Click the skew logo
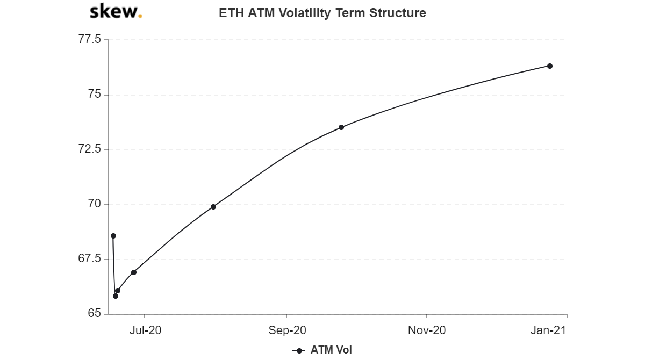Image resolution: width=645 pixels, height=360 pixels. click(116, 11)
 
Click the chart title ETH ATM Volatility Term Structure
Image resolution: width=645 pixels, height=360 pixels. click(322, 13)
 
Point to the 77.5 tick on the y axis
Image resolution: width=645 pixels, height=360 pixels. click(90, 39)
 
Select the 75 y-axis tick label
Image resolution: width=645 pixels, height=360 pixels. click(95, 94)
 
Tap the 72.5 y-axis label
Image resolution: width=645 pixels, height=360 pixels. click(90, 149)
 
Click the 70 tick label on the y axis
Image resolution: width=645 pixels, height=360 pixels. click(95, 204)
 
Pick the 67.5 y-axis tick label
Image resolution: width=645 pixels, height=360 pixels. click(90, 258)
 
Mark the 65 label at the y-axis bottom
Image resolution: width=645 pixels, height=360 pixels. click(95, 313)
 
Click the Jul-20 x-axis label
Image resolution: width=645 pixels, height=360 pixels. click(146, 330)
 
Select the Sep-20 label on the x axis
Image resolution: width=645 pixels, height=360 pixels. click(287, 330)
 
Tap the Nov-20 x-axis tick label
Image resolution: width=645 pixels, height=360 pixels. click(427, 330)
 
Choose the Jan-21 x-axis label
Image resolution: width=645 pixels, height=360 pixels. click(548, 330)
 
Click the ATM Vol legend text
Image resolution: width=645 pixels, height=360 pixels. click(331, 350)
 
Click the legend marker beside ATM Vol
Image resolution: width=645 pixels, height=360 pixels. click(299, 351)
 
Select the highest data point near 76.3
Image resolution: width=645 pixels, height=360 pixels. click(550, 66)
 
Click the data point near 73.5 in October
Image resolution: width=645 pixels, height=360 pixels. click(341, 127)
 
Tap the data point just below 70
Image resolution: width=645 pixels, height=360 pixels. click(213, 207)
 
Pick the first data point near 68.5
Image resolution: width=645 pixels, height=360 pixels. click(113, 236)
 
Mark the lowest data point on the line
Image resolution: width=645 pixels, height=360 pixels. click(116, 296)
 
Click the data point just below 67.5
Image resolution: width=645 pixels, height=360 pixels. click(134, 272)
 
